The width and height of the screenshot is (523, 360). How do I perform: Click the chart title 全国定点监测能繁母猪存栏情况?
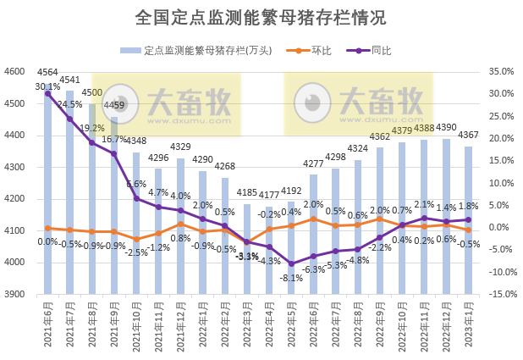261,17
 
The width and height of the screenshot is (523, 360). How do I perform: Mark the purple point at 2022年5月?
291,263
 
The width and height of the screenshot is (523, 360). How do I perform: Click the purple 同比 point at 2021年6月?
47,93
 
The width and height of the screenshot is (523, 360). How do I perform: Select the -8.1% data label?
291,278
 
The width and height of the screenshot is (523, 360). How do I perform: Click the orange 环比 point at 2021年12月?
180,224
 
